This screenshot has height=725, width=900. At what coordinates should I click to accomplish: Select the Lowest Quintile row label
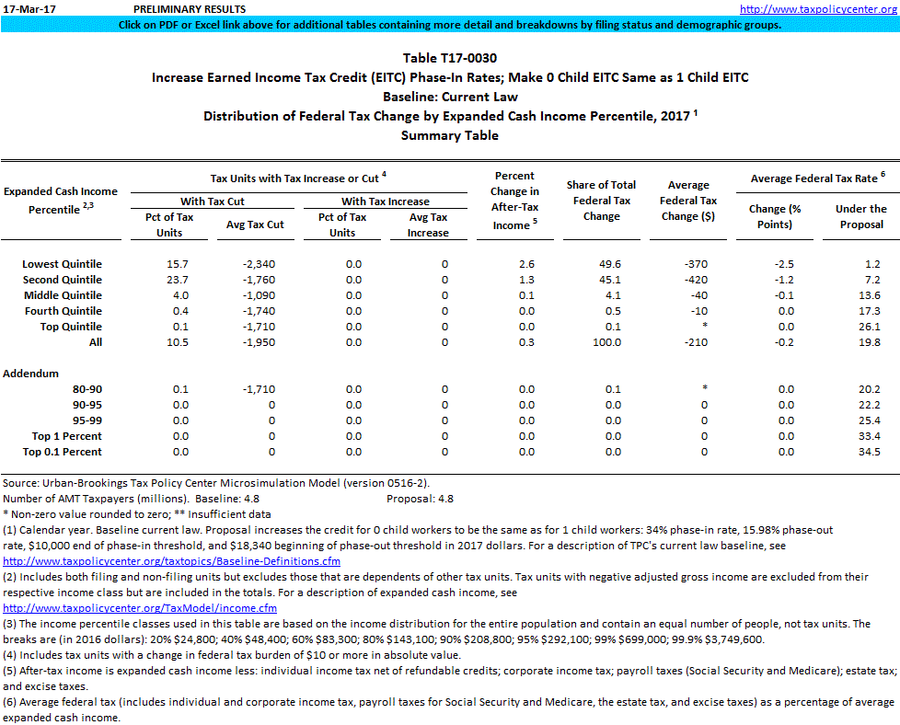pyautogui.click(x=62, y=264)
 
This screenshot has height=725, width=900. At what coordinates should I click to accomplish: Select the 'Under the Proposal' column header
pyautogui.click(x=860, y=216)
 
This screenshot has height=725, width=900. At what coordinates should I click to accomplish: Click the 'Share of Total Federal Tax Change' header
pyautogui.click(x=602, y=201)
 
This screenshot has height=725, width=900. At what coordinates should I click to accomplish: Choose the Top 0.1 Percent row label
pyautogui.click(x=62, y=452)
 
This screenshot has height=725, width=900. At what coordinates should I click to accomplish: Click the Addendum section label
pyautogui.click(x=30, y=374)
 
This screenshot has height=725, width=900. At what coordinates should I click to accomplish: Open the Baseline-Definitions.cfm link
pyautogui.click(x=172, y=560)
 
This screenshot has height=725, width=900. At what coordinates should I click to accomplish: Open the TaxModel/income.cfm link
pyautogui.click(x=141, y=608)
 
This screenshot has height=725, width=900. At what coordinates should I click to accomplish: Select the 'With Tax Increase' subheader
pyautogui.click(x=385, y=201)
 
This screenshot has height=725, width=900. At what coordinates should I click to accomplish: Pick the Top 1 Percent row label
pyautogui.click(x=66, y=436)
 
